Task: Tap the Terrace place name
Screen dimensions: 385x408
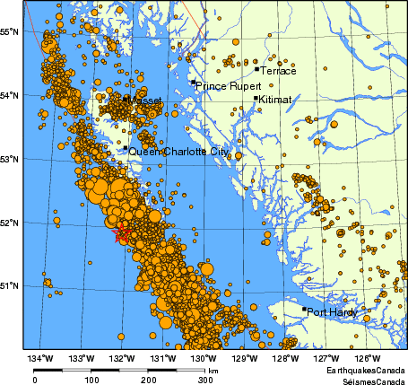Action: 277,71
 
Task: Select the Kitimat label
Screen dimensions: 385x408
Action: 274,101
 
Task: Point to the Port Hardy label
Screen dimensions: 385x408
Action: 332,312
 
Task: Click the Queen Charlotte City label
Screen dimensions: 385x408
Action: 177,153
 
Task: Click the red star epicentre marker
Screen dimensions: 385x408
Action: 123,234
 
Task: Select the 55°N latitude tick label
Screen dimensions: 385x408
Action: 10,31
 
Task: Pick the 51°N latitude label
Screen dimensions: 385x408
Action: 10,285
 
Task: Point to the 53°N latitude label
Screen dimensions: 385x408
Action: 10,159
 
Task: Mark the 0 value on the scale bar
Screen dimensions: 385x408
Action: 35,380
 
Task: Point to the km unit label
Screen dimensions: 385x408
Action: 213,370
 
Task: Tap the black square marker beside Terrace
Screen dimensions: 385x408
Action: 256,68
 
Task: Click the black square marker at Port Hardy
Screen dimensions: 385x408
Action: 304,310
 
